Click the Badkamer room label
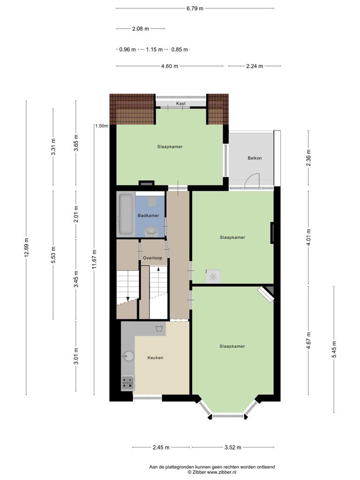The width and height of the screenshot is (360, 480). point(148,216)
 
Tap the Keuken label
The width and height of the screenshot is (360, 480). point(155,358)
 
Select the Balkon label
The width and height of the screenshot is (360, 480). point(255,158)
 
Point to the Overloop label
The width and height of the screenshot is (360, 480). point(152,258)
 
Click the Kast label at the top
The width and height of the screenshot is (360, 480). point(180,104)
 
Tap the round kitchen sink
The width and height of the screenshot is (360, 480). point(128,356)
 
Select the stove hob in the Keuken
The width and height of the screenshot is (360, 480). point(127,383)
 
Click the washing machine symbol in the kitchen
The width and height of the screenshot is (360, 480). point(159,329)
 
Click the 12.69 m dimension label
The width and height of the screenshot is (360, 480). point(26,247)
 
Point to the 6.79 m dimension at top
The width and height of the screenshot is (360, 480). point(195,8)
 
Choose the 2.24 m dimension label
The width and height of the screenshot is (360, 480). point(255,66)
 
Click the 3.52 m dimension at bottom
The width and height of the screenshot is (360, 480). point(232,447)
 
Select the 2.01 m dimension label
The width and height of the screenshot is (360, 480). point(76,214)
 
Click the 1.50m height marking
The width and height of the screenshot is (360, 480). point(102,126)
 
